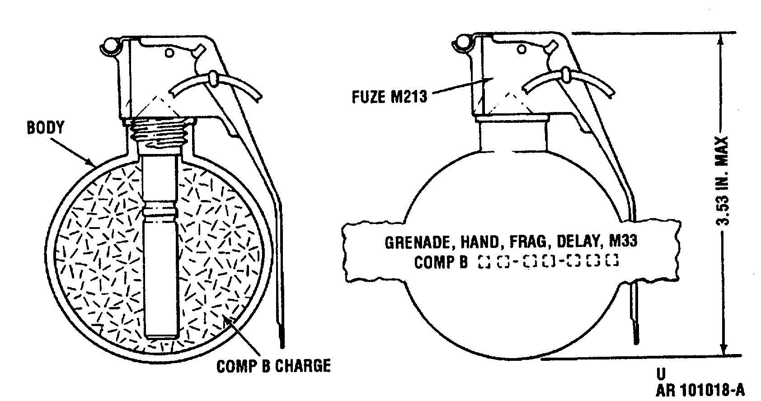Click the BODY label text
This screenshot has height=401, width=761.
tap(46, 128)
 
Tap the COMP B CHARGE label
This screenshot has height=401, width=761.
tap(273, 366)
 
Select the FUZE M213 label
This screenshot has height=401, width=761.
tap(390, 97)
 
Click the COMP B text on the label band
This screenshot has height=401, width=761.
tap(441, 262)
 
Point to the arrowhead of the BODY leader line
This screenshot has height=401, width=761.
tap(92, 163)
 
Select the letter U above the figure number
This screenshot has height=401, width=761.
tap(661, 374)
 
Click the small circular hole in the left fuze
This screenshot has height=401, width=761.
tap(169, 53)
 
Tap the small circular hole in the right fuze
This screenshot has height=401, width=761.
tap(522, 50)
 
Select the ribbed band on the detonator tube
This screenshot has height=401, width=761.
tap(160, 210)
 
